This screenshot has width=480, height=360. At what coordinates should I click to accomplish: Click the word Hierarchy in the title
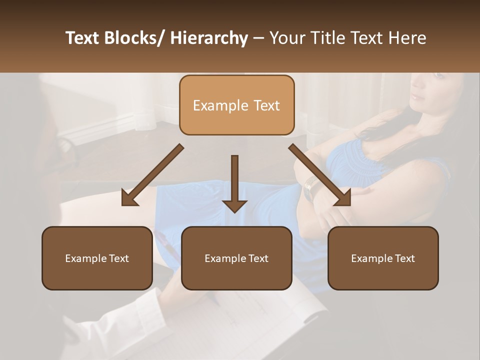coord(208,38)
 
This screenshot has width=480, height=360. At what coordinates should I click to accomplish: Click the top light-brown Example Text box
coord(236,105)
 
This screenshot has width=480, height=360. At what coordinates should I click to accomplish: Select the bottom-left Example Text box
coord(97,258)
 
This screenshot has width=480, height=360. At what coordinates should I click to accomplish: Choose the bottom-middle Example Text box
coord(236,258)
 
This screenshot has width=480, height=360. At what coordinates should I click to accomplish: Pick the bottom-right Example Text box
coord(383,258)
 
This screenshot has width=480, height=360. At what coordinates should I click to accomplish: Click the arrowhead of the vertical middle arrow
coord(234,205)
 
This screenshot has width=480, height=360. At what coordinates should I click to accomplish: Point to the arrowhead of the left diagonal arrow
coord(129,199)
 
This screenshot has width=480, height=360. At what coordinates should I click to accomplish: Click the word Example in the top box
coord(213,105)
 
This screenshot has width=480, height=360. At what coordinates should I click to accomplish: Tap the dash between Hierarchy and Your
coord(258,38)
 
